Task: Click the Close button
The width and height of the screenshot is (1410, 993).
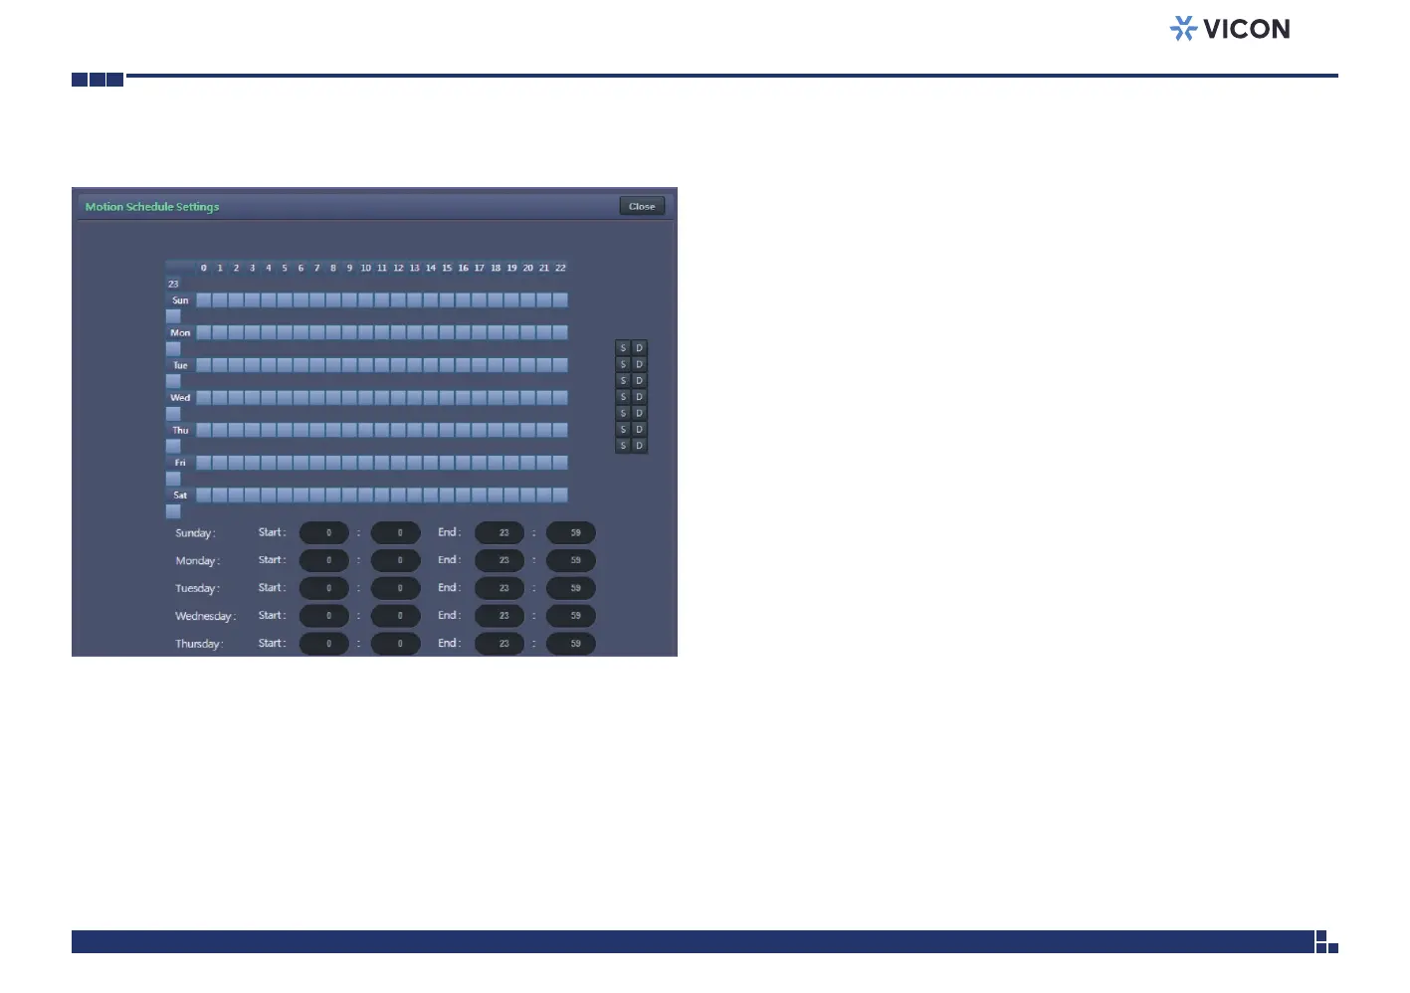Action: click(642, 206)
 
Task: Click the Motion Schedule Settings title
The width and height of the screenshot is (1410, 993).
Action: click(152, 207)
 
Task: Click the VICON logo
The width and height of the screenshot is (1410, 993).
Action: click(1230, 29)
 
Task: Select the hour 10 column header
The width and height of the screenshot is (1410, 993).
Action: click(366, 268)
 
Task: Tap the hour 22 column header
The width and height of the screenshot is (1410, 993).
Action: click(560, 268)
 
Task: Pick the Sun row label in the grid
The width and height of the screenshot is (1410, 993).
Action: click(180, 300)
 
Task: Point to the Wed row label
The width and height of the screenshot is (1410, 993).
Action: click(180, 398)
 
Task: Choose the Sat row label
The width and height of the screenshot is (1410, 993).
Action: click(180, 496)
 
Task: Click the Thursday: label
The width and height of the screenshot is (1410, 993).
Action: click(199, 644)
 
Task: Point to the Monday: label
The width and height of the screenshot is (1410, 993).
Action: click(198, 561)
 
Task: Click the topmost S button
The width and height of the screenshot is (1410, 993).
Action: click(623, 348)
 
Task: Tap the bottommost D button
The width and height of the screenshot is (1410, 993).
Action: click(640, 446)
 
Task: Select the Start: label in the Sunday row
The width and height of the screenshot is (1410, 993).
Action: click(272, 532)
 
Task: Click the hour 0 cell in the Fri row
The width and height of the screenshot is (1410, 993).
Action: click(204, 463)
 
